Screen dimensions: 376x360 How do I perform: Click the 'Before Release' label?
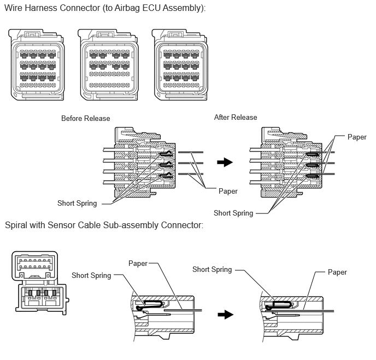click(86, 118)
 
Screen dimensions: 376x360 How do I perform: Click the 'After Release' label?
click(236, 118)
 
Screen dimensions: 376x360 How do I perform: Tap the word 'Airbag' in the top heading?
click(127, 8)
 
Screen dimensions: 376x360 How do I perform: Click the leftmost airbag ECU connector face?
click(37, 65)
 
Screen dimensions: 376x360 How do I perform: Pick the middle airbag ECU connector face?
click(108, 65)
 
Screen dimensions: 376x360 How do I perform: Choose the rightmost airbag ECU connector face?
click(180, 65)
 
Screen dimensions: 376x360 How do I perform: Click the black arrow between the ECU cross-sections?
click(225, 162)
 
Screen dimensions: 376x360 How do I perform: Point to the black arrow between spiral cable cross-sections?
click(225, 315)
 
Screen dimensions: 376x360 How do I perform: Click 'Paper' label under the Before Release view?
click(228, 191)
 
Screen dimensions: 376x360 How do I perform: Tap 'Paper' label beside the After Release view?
click(357, 137)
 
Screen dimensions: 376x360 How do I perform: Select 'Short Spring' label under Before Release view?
click(77, 204)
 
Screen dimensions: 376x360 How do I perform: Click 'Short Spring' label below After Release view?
click(233, 213)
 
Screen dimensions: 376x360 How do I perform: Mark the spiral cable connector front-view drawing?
click(40, 283)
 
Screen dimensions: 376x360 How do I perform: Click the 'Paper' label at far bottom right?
click(337, 272)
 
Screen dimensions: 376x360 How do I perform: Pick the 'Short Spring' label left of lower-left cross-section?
click(91, 276)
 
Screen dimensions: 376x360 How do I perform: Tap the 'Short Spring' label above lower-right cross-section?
click(212, 270)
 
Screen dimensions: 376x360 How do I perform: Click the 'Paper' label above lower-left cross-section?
click(138, 263)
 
